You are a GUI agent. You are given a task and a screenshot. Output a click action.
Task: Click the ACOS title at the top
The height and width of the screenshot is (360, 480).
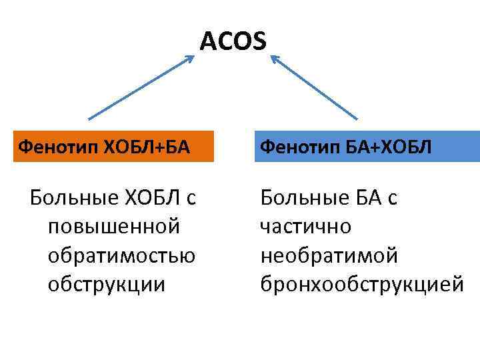pos(233,42)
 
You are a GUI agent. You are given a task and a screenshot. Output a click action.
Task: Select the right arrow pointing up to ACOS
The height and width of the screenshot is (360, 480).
pos(313,87)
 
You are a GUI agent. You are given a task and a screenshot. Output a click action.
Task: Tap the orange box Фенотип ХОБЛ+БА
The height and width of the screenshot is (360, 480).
pos(107,147)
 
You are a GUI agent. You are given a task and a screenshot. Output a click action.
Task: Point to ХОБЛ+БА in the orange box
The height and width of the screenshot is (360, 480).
pos(141,147)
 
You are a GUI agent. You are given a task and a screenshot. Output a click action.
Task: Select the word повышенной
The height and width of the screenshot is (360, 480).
pos(113,227)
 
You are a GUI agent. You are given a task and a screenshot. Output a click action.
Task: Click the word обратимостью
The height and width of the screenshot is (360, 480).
pos(121,255)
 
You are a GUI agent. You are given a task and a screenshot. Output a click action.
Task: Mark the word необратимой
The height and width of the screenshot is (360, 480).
pos(329,255)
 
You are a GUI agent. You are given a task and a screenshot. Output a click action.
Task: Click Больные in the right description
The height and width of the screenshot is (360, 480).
pos(300,198)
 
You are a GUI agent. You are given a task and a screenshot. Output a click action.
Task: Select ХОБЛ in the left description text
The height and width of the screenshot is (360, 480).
pos(148,198)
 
